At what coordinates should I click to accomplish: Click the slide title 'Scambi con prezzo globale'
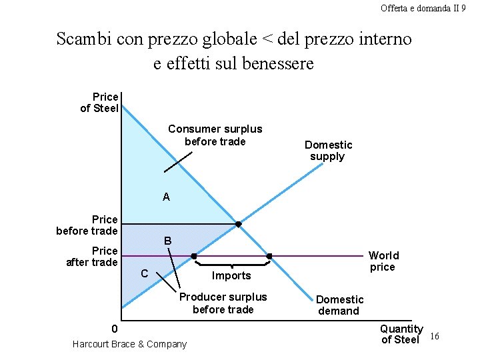(x=234, y=51)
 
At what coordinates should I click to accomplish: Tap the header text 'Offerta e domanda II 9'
(x=423, y=8)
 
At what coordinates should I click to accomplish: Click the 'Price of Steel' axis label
(x=99, y=103)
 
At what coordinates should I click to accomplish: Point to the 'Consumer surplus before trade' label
(x=215, y=135)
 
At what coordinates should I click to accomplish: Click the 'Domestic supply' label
(x=328, y=151)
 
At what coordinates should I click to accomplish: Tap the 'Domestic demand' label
(x=339, y=305)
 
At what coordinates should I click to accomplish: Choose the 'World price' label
(x=383, y=261)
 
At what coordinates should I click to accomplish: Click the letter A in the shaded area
(x=166, y=197)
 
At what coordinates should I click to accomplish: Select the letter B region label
(x=168, y=241)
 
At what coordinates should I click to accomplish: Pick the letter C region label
(x=145, y=273)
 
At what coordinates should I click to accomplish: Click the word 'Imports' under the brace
(x=231, y=276)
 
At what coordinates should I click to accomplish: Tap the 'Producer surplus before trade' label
(x=223, y=303)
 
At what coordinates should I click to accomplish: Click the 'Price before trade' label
(x=87, y=225)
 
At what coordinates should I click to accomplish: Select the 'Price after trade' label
(x=92, y=257)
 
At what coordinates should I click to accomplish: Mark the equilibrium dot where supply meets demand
(x=238, y=224)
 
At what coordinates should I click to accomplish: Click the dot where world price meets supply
(x=194, y=256)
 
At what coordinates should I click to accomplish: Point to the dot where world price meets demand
(x=269, y=256)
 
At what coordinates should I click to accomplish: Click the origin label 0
(x=114, y=329)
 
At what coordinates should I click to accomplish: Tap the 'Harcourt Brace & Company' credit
(x=129, y=344)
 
